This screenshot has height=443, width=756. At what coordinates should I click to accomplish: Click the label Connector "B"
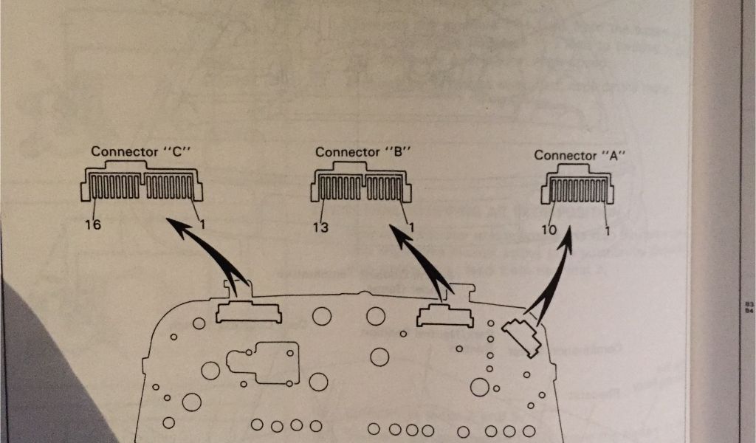(362, 151)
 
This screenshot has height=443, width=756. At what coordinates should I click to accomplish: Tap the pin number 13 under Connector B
(320, 227)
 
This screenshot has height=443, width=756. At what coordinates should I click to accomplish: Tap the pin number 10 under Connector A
(548, 230)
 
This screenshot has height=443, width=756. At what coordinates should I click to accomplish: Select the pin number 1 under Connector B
(410, 227)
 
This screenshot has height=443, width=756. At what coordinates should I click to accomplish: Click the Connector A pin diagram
(577, 188)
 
